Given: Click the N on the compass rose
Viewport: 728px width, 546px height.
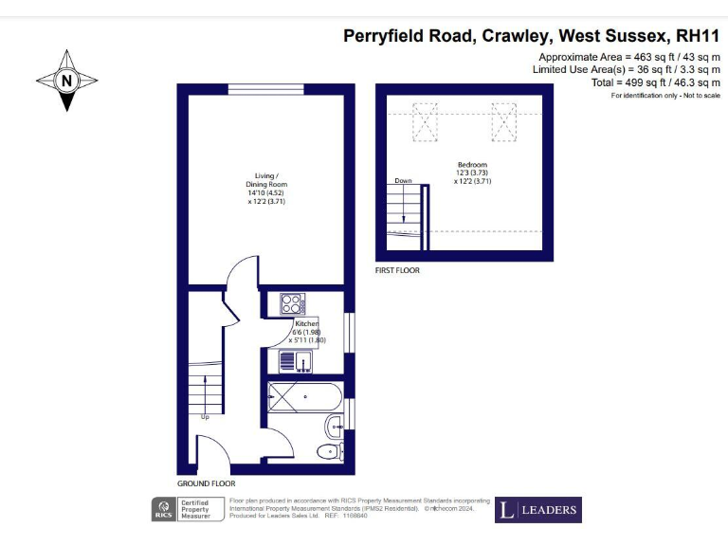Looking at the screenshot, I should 66,81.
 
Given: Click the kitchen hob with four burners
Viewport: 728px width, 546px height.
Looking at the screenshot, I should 293,304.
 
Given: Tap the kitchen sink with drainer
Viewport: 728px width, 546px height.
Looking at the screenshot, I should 296,361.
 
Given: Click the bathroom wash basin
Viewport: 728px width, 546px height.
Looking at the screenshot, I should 334,425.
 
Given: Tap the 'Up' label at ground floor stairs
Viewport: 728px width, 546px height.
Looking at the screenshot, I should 205,415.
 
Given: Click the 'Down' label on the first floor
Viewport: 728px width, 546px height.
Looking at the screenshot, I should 404,180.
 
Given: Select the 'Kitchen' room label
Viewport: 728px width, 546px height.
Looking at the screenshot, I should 306,324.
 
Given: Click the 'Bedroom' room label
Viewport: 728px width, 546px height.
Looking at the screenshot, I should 471,164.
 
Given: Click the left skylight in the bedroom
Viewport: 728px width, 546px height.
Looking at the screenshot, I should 428,120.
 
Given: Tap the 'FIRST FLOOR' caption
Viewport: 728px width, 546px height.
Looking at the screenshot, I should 397,270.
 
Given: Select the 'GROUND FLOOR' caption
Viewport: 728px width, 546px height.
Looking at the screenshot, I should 206,483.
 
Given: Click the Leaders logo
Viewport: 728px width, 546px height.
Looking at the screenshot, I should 538,510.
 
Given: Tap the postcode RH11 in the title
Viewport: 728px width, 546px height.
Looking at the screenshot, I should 697,37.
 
